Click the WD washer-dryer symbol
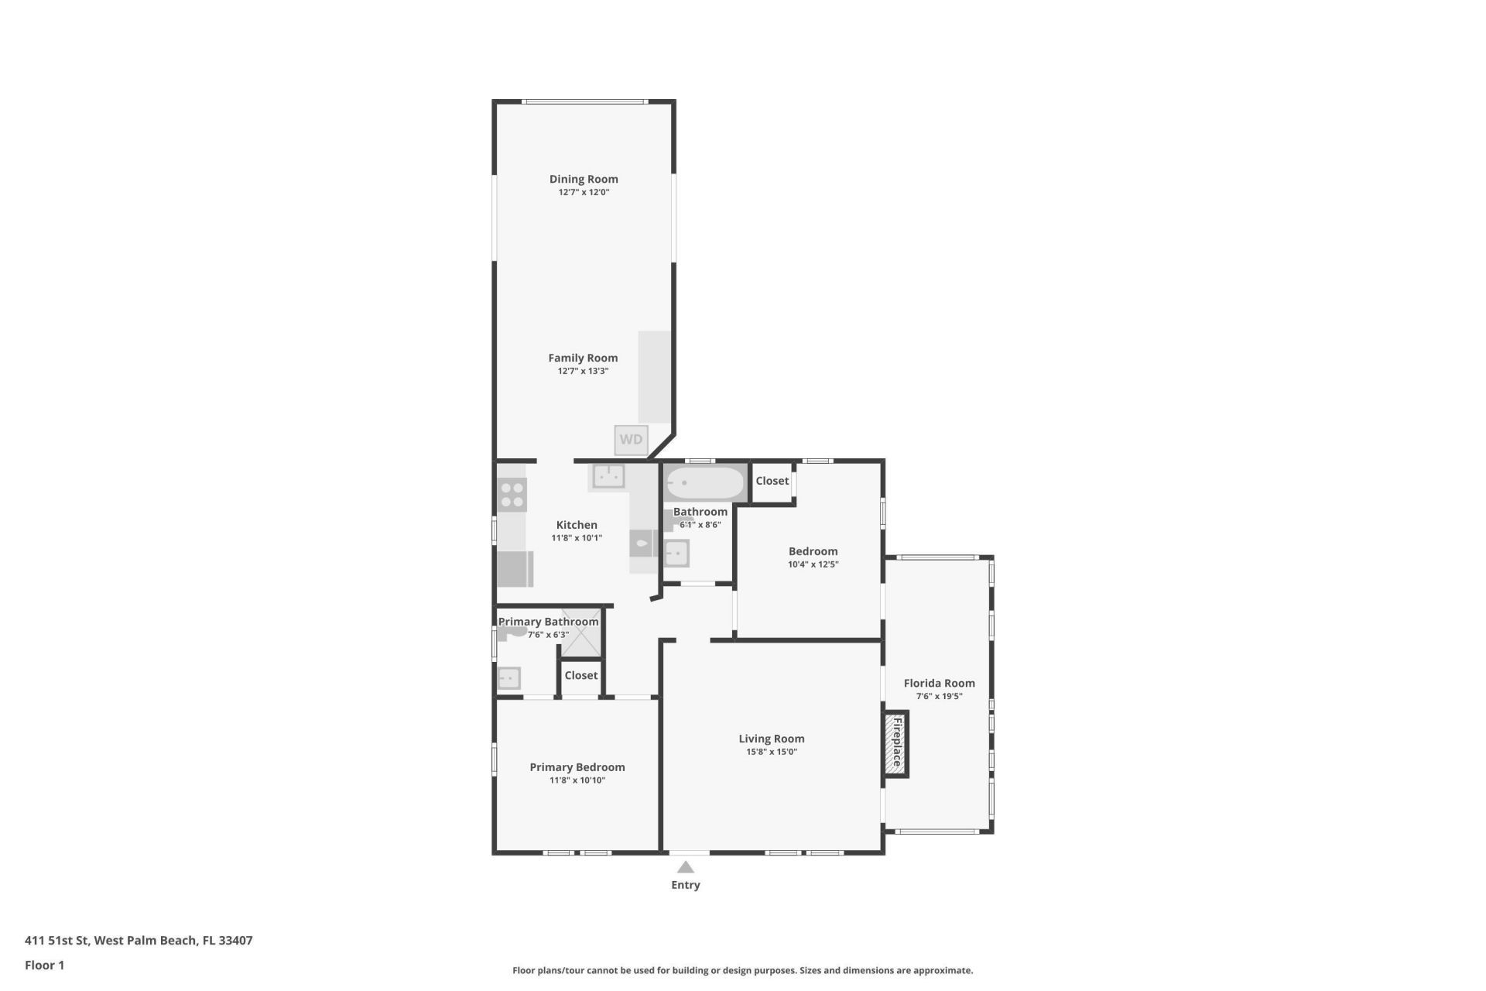point(631,440)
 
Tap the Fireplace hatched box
point(896,743)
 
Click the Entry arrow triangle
point(685,867)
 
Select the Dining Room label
point(584,179)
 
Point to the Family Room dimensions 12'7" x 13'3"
point(583,371)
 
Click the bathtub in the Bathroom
point(704,483)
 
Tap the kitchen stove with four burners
point(512,495)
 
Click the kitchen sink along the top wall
point(608,475)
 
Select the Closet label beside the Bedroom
point(772,481)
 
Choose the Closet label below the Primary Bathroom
point(580,675)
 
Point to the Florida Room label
point(939,683)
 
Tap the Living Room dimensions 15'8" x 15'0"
point(771,752)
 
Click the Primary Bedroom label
point(577,767)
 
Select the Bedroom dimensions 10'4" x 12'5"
point(813,564)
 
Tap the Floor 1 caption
point(44,965)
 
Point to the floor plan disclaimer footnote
point(742,970)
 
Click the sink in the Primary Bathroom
point(508,678)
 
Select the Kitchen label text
point(577,525)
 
